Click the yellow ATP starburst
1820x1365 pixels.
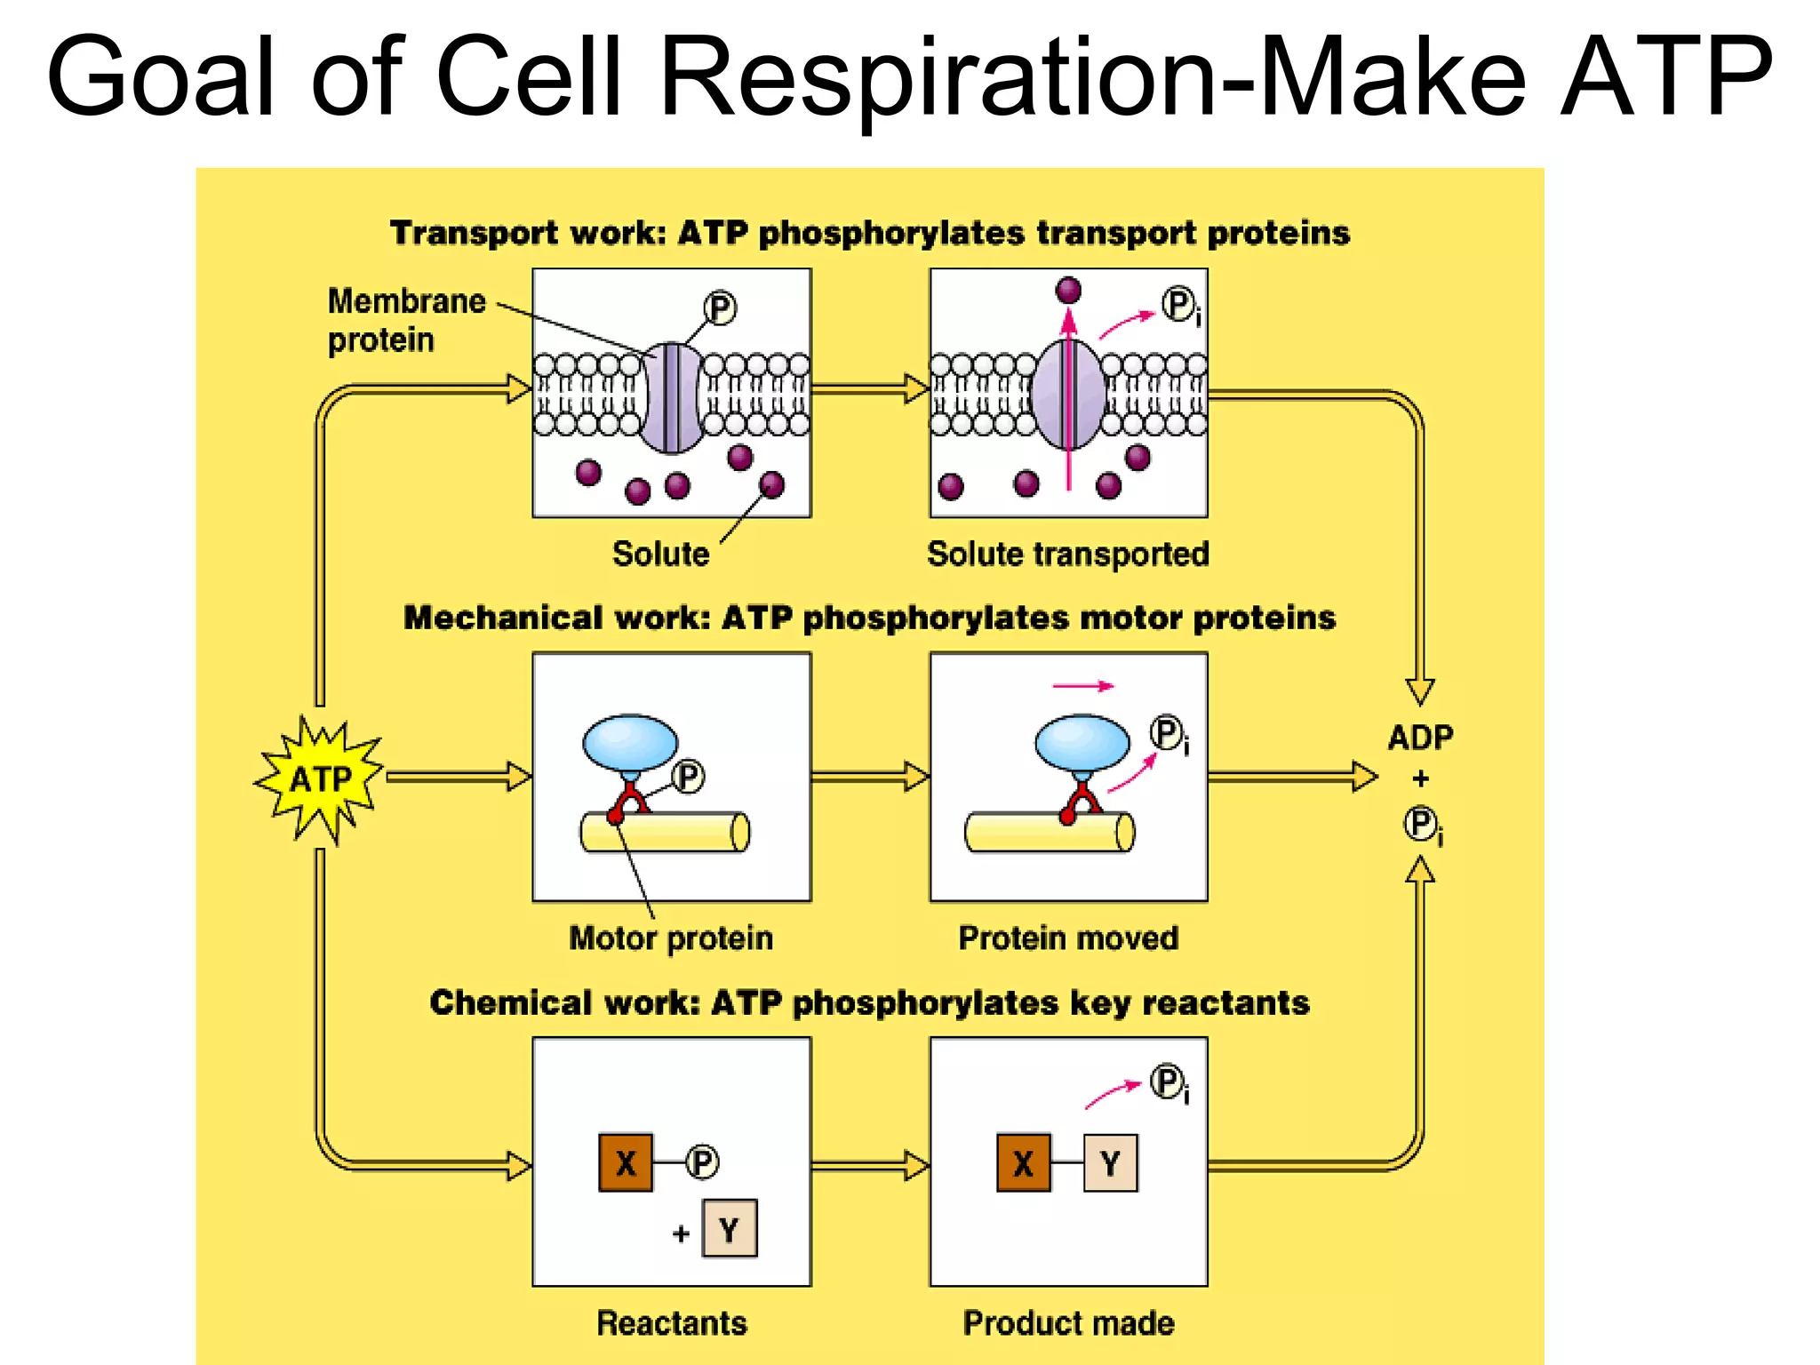[320, 779]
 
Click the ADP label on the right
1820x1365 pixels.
[1420, 737]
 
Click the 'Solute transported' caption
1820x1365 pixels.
[1067, 554]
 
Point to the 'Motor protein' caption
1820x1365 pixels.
[671, 938]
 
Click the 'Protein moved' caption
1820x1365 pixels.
[1067, 938]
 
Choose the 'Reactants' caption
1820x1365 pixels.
[671, 1322]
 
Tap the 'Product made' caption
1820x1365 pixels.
[1067, 1322]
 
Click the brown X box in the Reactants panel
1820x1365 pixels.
[626, 1162]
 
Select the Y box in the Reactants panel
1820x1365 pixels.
[730, 1229]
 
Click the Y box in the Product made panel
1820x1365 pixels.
[1110, 1162]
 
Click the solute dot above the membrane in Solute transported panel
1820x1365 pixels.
[1068, 290]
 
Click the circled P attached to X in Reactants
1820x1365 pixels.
[702, 1162]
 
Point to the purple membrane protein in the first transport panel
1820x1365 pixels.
[672, 397]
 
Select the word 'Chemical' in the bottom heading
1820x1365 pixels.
[510, 1002]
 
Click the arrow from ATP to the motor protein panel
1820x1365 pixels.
[458, 777]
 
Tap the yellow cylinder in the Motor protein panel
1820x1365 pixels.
[665, 833]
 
